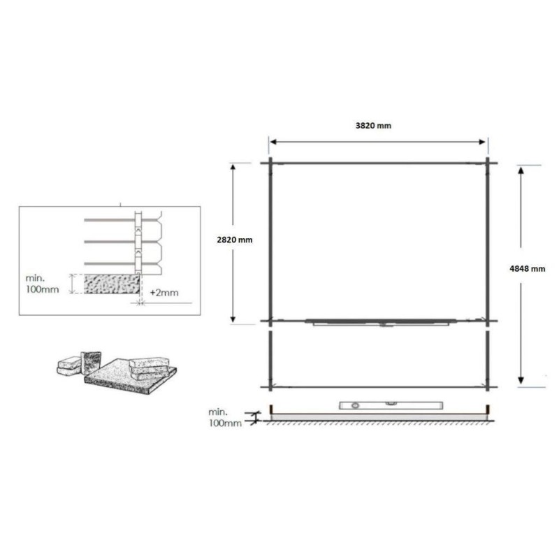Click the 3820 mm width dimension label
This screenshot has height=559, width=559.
(x=373, y=126)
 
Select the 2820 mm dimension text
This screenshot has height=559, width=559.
(x=235, y=240)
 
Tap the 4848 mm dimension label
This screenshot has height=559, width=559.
(x=528, y=269)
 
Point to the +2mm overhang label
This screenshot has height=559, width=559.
(x=164, y=293)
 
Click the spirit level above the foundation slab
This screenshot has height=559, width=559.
(x=391, y=405)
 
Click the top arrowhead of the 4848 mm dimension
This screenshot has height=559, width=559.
(x=521, y=170)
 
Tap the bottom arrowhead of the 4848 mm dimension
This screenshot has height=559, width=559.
(x=521, y=380)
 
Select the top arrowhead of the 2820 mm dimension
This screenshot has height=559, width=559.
(x=233, y=168)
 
